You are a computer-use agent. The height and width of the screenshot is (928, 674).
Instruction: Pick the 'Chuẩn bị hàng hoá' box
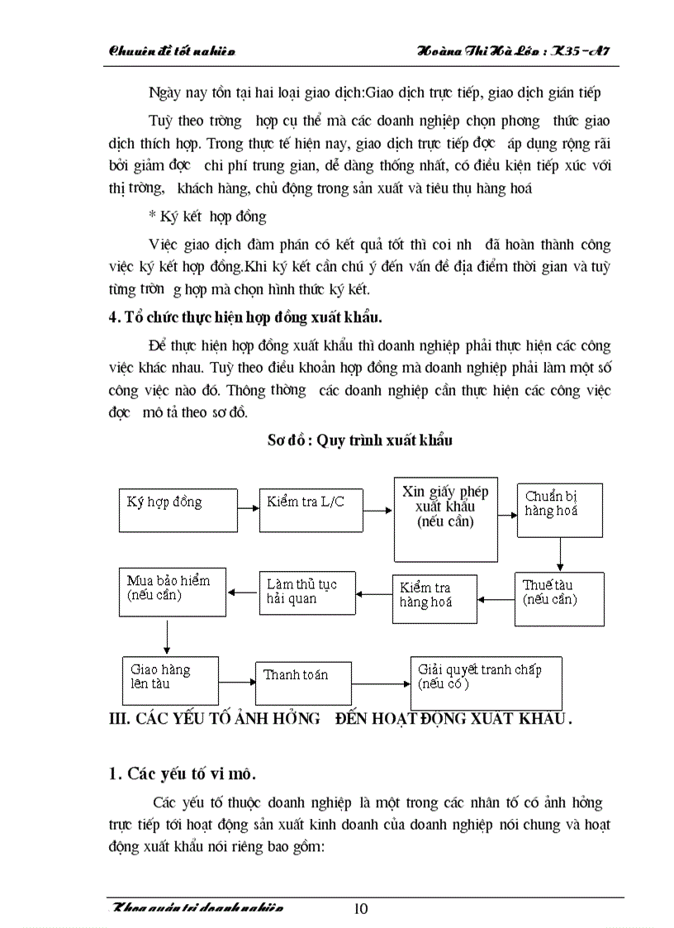(x=560, y=509)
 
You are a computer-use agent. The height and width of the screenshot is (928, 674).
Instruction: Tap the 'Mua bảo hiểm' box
(x=172, y=591)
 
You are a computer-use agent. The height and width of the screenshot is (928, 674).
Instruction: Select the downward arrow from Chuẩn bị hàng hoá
(x=560, y=554)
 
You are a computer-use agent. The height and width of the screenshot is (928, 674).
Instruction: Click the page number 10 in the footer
(x=361, y=909)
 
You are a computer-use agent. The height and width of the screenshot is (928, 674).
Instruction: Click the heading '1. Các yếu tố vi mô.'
(x=183, y=774)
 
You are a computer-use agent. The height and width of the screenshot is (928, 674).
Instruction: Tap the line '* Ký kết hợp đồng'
(x=207, y=217)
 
